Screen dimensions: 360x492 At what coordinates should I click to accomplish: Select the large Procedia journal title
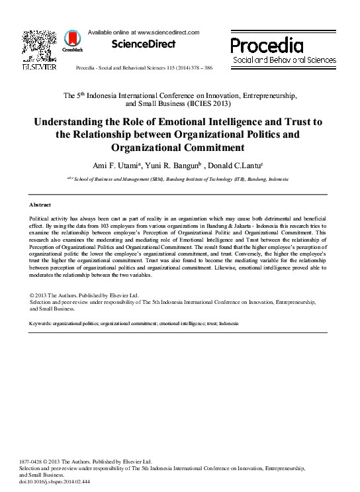tap(267, 46)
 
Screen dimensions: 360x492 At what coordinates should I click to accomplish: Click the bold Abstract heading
tap(41, 205)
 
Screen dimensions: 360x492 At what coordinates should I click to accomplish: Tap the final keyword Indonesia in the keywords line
tap(228, 324)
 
